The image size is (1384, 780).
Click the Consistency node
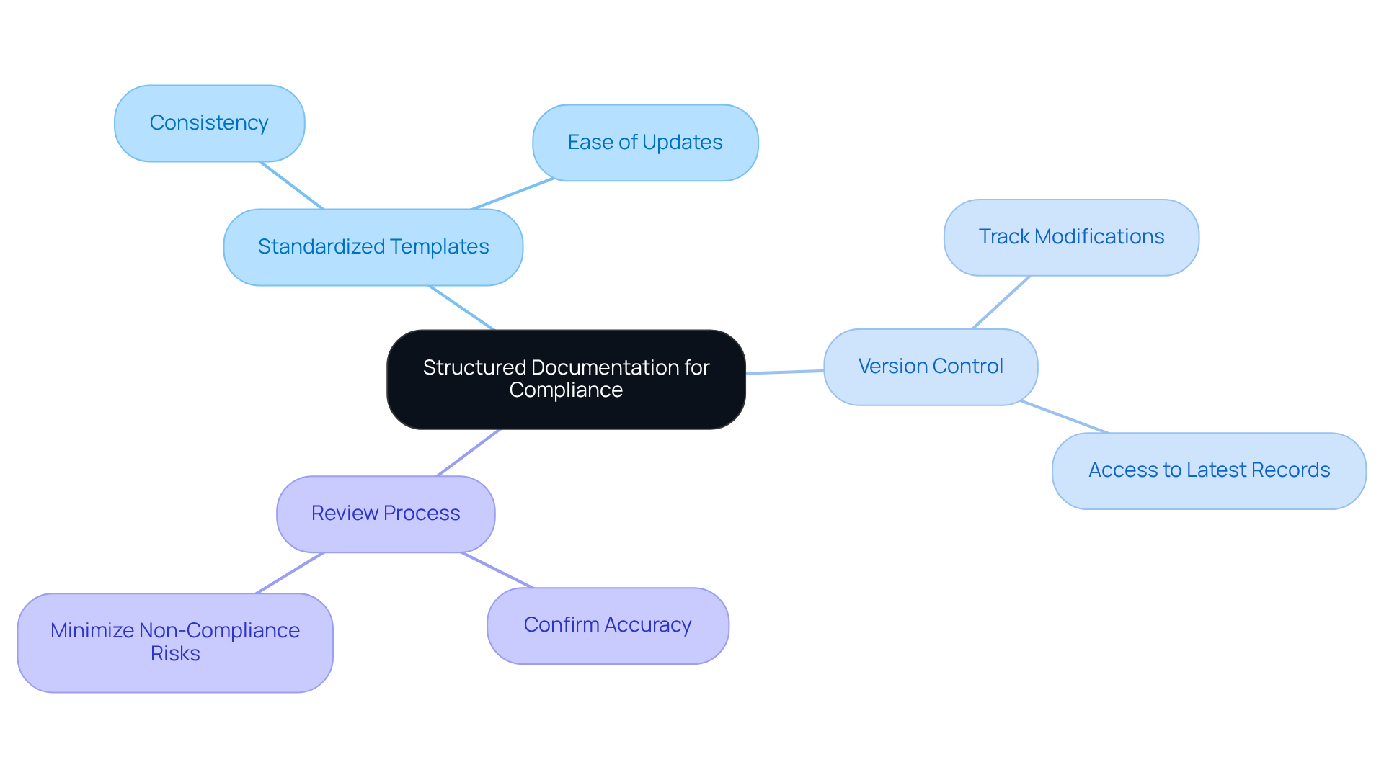(209, 123)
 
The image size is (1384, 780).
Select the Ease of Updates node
(645, 143)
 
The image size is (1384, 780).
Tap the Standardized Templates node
(373, 247)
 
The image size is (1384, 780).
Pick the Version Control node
(931, 367)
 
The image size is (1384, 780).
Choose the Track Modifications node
(1071, 237)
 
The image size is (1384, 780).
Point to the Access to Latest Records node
(1209, 470)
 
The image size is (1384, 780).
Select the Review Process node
(386, 514)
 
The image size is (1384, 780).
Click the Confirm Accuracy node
(608, 625)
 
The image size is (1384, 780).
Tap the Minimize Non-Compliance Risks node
(175, 642)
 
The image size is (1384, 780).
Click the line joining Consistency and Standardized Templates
(292, 186)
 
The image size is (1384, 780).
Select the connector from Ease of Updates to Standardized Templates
(513, 194)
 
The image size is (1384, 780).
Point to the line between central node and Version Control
(784, 372)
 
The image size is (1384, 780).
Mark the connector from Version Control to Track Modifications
(1001, 302)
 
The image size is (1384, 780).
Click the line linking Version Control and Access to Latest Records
(1065, 417)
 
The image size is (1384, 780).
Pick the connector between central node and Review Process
(469, 452)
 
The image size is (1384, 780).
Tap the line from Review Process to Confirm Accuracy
(497, 570)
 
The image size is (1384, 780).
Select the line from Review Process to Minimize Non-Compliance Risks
(290, 573)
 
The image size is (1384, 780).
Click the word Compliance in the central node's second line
(566, 390)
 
